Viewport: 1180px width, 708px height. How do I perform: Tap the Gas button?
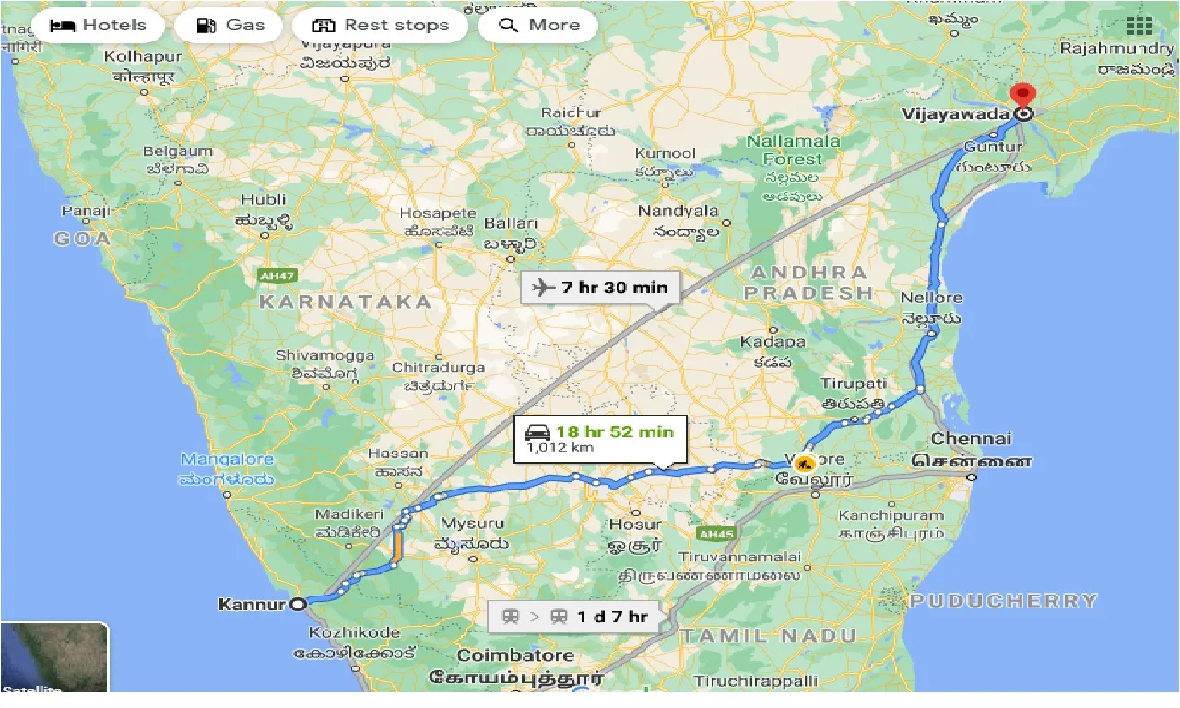click(232, 26)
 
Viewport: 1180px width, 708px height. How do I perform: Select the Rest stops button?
click(381, 26)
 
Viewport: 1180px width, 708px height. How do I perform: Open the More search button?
click(537, 26)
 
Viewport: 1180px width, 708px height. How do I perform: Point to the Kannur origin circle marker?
click(298, 605)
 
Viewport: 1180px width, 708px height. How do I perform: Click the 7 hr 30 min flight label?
click(600, 288)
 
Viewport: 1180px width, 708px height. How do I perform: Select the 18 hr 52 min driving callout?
click(600, 438)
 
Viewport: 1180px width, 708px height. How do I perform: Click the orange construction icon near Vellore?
click(805, 464)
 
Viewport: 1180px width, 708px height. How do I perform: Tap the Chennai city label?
click(971, 439)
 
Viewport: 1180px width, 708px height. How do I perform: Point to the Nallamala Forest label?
click(794, 149)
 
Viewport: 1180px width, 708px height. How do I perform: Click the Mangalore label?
click(227, 459)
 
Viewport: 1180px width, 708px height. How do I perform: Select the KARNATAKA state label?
click(345, 301)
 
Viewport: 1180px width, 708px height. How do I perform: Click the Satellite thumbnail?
click(54, 658)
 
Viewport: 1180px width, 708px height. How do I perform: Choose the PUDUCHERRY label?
click(1004, 601)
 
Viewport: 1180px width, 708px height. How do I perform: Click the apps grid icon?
click(1139, 26)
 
